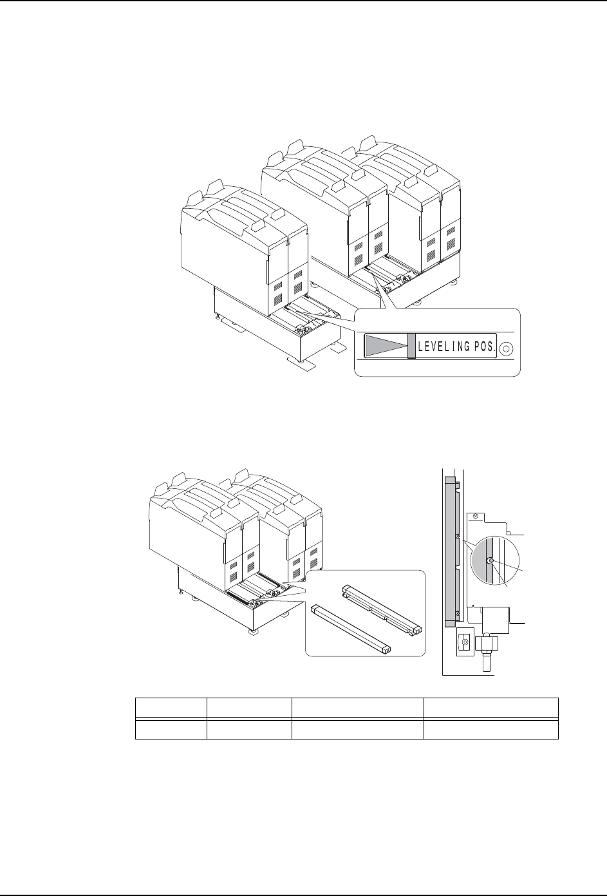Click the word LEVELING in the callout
click(444, 347)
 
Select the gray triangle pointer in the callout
click(385, 345)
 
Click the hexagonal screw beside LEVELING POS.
click(507, 348)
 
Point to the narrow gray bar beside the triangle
click(411, 346)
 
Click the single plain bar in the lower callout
click(350, 629)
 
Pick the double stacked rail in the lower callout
click(382, 611)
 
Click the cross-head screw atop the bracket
click(475, 517)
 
